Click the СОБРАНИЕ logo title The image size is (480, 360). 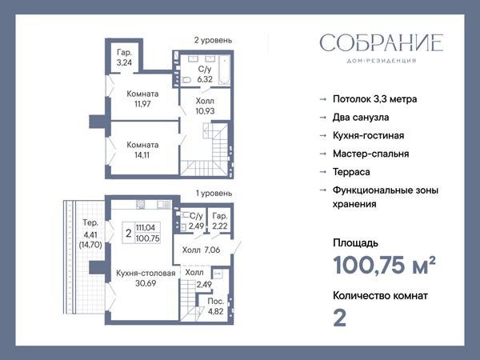click(x=382, y=42)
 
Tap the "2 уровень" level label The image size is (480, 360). click(x=213, y=40)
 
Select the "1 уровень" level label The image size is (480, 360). click(x=214, y=193)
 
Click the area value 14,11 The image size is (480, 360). click(x=142, y=155)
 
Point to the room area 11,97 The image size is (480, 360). click(x=142, y=104)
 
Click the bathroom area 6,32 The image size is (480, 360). click(x=205, y=79)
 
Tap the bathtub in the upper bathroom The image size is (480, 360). click(x=224, y=70)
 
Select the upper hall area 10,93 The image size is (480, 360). click(x=205, y=111)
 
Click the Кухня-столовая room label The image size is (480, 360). click(x=146, y=273)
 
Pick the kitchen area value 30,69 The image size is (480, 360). click(x=146, y=283)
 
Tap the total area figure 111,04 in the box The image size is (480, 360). click(x=146, y=227)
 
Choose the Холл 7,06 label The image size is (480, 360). click(x=201, y=250)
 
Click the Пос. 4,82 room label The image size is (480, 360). click(x=215, y=306)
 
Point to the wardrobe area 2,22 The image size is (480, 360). click(x=220, y=226)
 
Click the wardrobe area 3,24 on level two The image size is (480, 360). click(x=124, y=62)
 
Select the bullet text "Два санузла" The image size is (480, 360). click(x=361, y=118)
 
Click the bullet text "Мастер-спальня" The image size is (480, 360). click(x=370, y=154)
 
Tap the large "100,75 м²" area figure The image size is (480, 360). click(x=384, y=265)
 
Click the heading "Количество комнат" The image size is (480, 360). click(x=380, y=296)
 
